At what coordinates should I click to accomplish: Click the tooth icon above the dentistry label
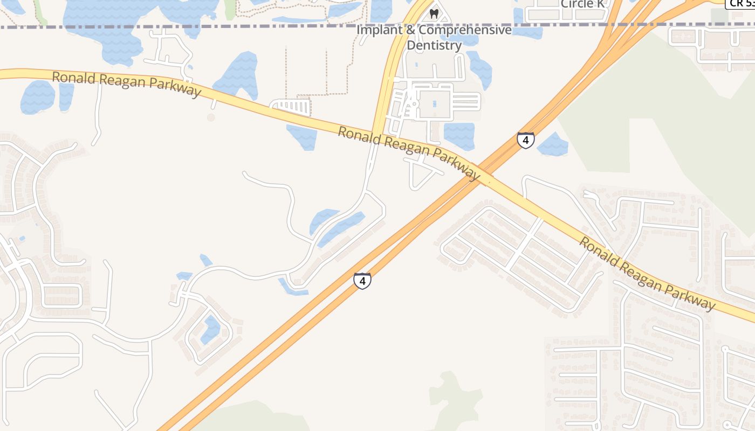[434, 13]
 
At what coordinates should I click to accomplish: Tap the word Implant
[379, 30]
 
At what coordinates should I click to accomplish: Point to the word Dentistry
[434, 45]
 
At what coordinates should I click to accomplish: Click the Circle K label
[582, 4]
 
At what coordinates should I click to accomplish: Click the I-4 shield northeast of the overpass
[526, 140]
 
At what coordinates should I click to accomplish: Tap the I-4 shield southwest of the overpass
[362, 281]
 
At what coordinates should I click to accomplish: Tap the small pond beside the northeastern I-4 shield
[553, 144]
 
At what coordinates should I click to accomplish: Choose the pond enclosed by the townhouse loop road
[210, 329]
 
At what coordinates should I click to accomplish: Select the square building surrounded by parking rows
[434, 103]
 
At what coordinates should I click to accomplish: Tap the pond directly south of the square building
[459, 136]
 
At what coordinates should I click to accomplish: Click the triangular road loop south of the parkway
[421, 171]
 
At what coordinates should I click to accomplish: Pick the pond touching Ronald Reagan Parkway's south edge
[302, 136]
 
